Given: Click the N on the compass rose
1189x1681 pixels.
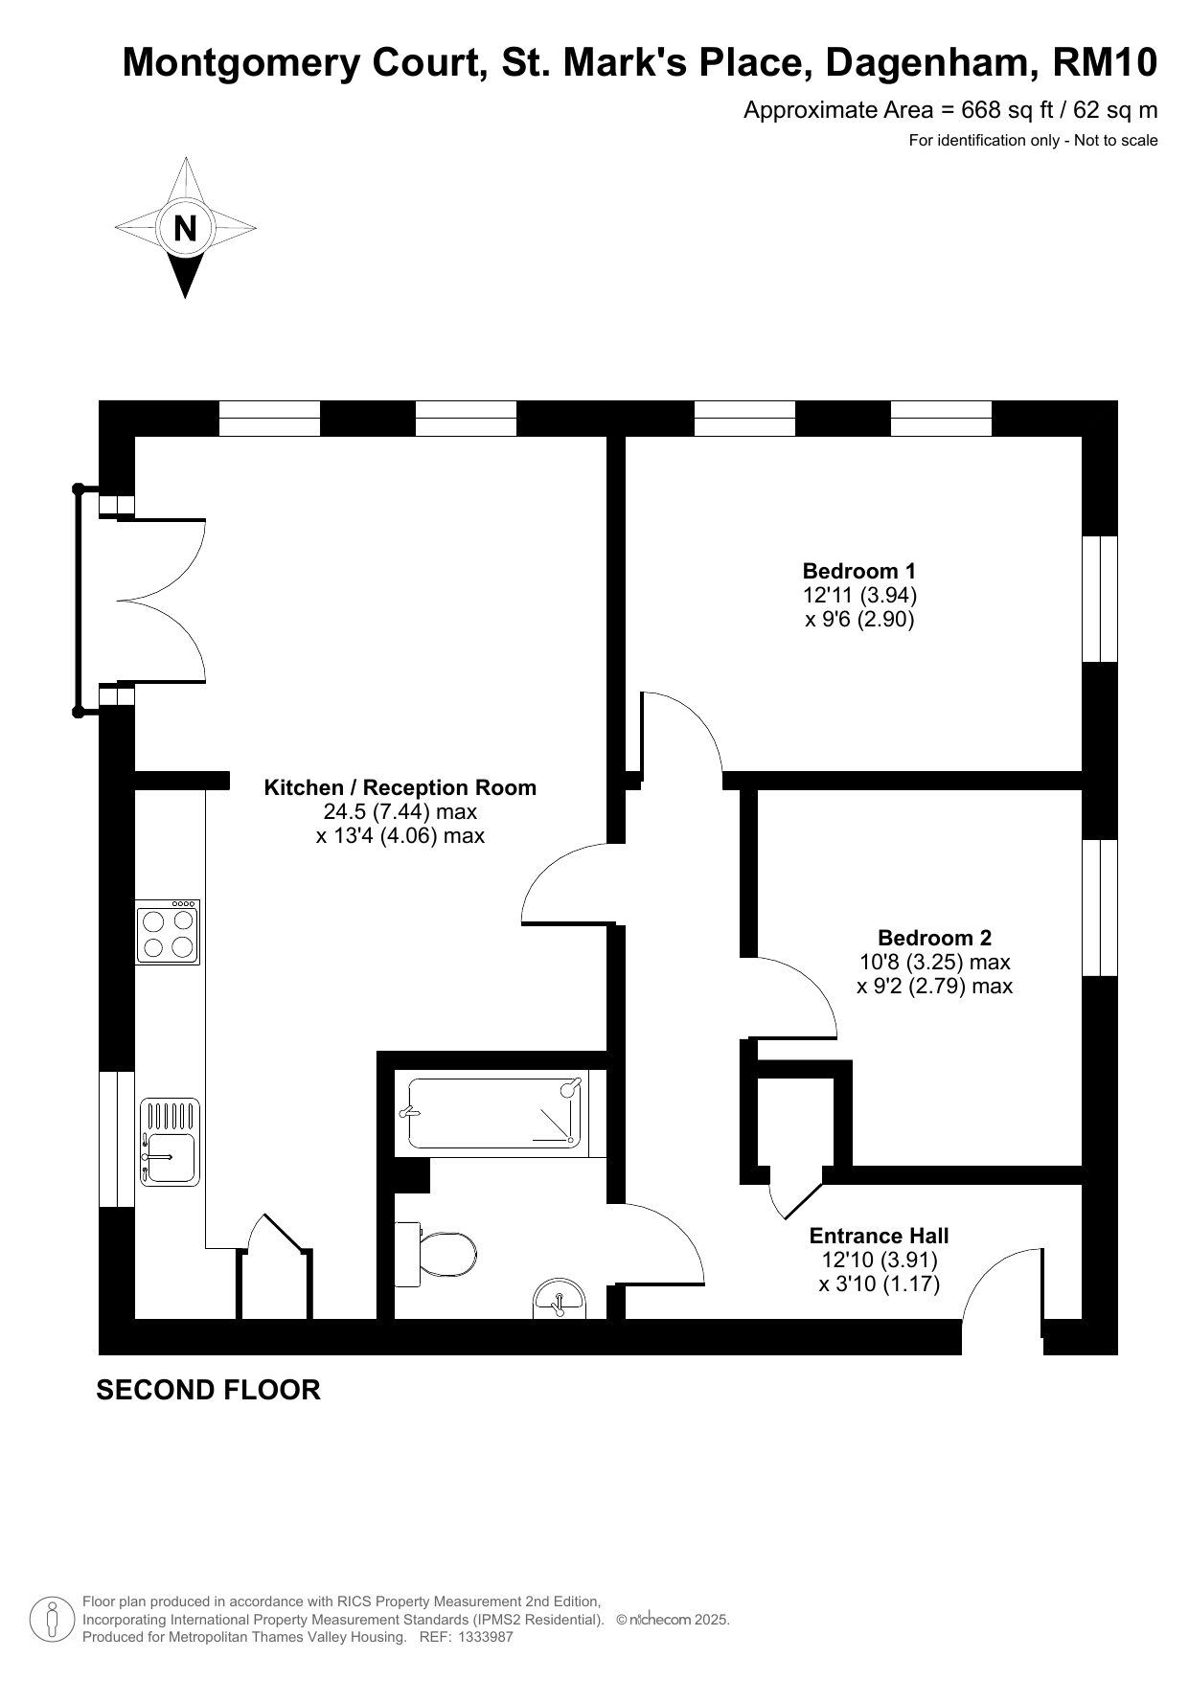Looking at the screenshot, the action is pyautogui.click(x=186, y=229).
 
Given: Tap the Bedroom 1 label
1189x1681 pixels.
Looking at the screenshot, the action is pyautogui.click(x=859, y=571).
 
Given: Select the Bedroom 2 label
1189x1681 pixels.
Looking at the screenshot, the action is pyautogui.click(x=934, y=938).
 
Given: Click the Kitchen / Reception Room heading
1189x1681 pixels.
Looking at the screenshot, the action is pyautogui.click(x=400, y=787).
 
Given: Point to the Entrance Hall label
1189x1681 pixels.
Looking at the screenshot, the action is pyautogui.click(x=880, y=1236).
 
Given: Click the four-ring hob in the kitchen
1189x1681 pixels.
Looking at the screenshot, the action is pyautogui.click(x=168, y=932).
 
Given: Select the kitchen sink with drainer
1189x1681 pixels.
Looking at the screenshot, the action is pyautogui.click(x=171, y=1142).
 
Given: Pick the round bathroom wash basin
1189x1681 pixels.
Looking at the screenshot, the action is pyautogui.click(x=560, y=1299).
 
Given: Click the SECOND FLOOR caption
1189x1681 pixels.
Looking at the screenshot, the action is pyautogui.click(x=208, y=1390).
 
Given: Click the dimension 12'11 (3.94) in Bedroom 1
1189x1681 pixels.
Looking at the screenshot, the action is pyautogui.click(x=859, y=595).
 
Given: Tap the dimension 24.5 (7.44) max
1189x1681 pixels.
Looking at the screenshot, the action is pyautogui.click(x=400, y=812).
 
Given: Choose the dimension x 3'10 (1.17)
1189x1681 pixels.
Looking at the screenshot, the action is pyautogui.click(x=880, y=1283).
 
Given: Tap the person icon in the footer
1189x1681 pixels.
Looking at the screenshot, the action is pyautogui.click(x=53, y=1620).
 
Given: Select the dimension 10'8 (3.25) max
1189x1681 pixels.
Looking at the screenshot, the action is pyautogui.click(x=935, y=962).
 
